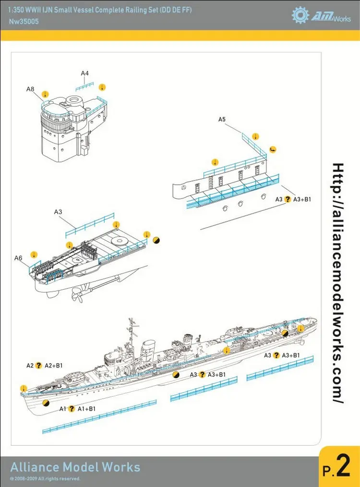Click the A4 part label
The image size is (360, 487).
[x=84, y=73]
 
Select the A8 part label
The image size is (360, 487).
[x=30, y=89]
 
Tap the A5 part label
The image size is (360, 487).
[x=222, y=119]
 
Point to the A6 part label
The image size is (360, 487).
[x=18, y=258]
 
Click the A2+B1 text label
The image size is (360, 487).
[x=54, y=365]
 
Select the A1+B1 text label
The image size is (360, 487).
[x=86, y=409]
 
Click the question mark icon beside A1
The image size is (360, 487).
[x=72, y=409]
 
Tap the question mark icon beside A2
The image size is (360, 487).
[x=39, y=365]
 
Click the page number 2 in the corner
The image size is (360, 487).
[x=343, y=469]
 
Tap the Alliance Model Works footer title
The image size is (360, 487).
[x=75, y=467]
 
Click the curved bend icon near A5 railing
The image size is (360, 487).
[x=273, y=149]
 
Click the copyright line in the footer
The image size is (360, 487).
[x=45, y=479]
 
